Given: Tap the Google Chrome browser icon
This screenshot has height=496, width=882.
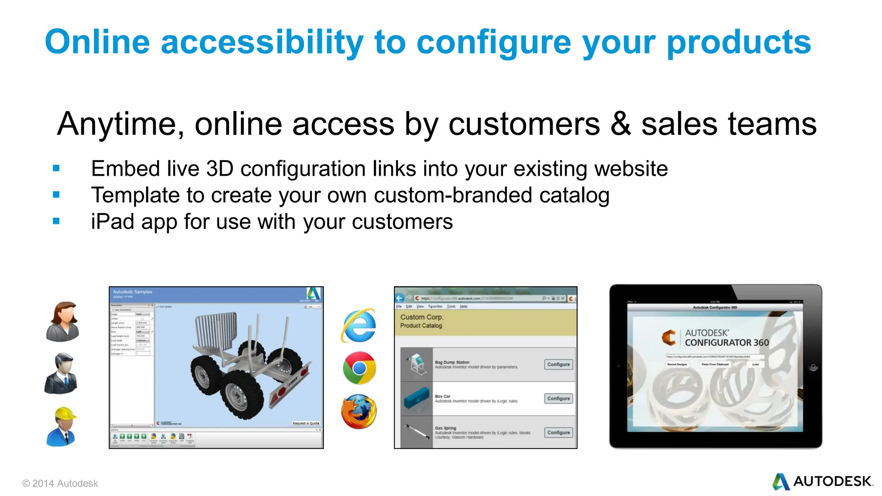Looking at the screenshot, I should (x=359, y=368).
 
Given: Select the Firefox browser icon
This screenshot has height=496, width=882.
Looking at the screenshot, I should (x=359, y=412).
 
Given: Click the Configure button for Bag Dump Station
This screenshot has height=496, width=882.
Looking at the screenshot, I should (x=558, y=364).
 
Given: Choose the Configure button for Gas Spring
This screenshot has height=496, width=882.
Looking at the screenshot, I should (x=558, y=432).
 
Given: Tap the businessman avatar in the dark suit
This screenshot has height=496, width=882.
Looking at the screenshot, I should (x=62, y=374).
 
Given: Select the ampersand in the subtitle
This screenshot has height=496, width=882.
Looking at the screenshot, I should (x=621, y=124).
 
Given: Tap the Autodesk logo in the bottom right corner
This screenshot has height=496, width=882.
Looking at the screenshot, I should (x=822, y=481).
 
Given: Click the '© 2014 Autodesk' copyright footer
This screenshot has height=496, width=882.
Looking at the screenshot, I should (x=60, y=484).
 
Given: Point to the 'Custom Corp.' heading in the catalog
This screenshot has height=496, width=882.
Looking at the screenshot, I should (x=422, y=317).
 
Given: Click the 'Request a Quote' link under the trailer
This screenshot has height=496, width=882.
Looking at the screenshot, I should (x=306, y=423).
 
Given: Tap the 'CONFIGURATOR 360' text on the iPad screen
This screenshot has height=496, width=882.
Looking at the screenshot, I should (x=727, y=343).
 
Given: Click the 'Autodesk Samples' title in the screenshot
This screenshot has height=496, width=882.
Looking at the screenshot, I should (x=132, y=292).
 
